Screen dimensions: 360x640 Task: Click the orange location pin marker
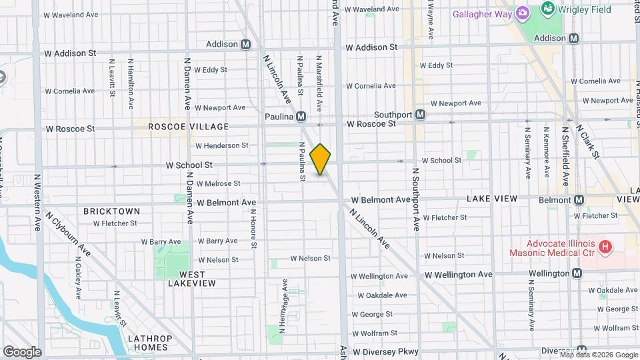click(320, 159)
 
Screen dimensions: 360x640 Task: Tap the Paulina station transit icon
click(301, 117)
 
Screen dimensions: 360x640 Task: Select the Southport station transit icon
click(420, 115)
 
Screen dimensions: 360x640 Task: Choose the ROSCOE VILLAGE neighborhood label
click(188, 127)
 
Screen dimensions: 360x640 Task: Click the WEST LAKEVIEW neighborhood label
click(192, 279)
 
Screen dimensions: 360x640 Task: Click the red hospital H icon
click(605, 248)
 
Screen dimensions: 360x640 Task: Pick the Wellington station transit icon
click(577, 273)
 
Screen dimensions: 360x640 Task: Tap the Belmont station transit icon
click(578, 199)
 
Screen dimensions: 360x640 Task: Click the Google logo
click(22, 351)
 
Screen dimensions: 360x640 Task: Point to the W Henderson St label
click(222, 145)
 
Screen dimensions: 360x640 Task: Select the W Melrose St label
click(218, 183)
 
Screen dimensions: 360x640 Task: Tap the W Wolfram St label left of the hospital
click(375, 333)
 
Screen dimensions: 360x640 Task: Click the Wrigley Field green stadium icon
click(548, 9)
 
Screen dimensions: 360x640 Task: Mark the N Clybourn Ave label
click(68, 234)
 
